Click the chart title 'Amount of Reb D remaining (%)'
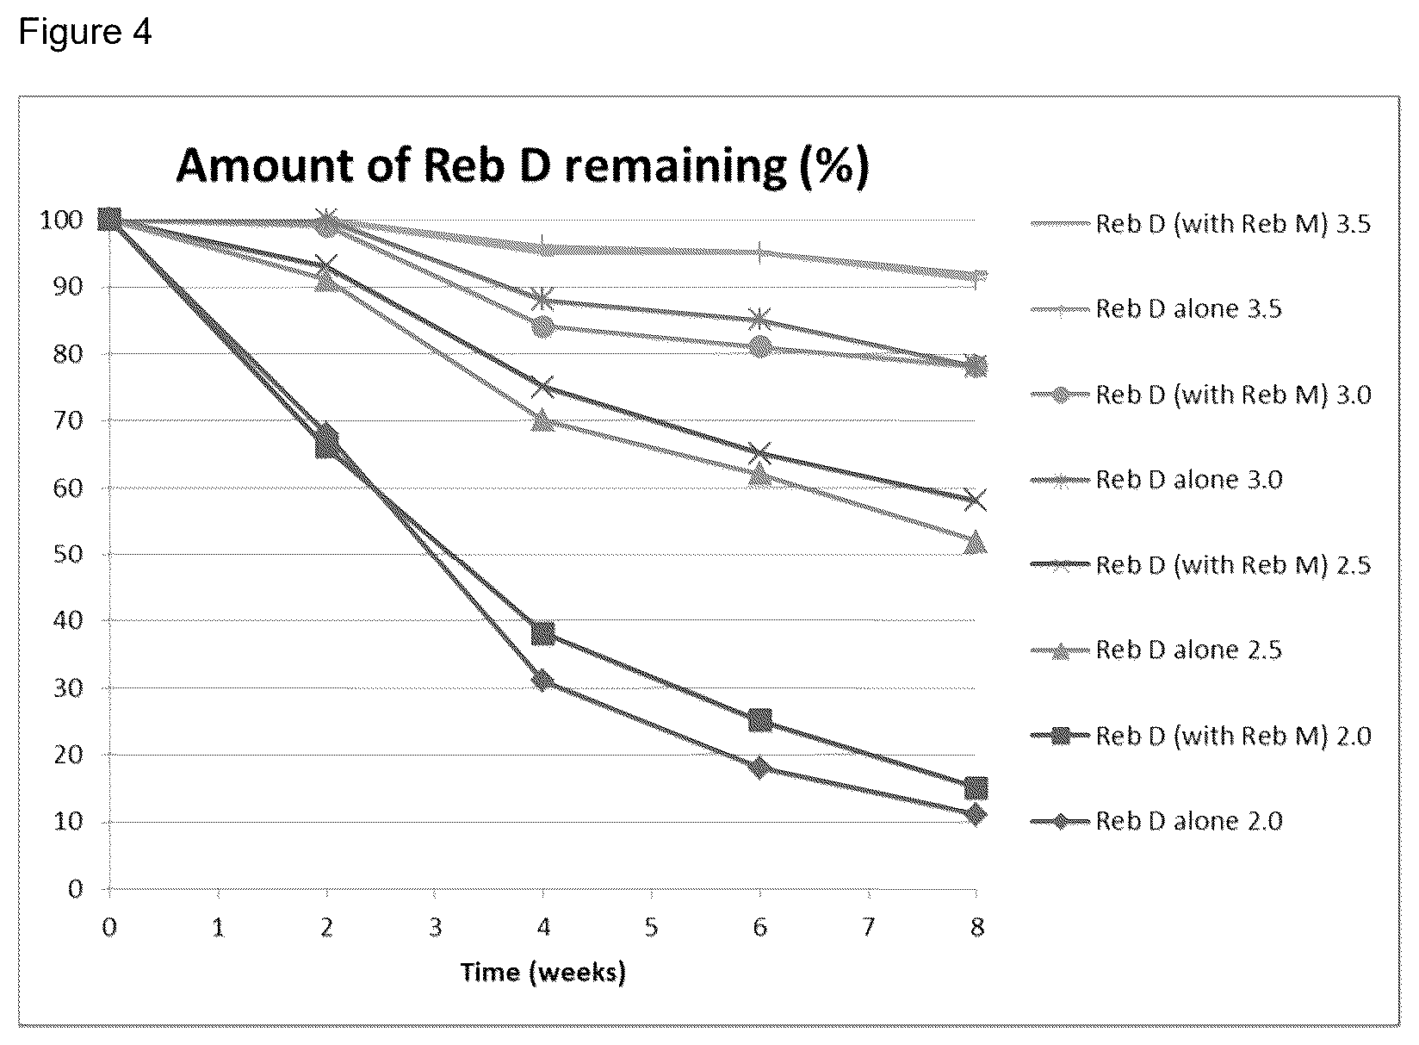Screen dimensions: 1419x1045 click(x=523, y=166)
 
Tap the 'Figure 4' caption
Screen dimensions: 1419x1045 click(x=85, y=31)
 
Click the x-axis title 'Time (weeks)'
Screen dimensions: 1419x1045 click(x=543, y=972)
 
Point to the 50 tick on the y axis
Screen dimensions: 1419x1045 click(x=68, y=555)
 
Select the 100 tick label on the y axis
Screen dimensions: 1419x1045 click(x=61, y=221)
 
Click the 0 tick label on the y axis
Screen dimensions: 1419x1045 click(x=76, y=889)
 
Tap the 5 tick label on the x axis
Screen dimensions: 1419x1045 click(x=651, y=927)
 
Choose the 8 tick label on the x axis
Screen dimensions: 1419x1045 click(x=976, y=927)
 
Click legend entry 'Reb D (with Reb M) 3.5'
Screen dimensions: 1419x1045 click(x=1200, y=224)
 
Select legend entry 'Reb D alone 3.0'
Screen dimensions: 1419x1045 click(x=1156, y=480)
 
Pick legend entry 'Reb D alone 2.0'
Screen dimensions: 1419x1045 click(x=1156, y=821)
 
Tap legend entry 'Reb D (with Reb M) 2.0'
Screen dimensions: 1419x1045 click(x=1200, y=736)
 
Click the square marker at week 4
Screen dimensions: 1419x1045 click(x=543, y=633)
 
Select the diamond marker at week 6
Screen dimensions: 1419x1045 click(x=759, y=768)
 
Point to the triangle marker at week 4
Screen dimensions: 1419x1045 click(x=543, y=420)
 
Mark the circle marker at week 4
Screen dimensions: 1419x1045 click(x=543, y=327)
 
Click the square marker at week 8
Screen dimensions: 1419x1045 click(x=976, y=788)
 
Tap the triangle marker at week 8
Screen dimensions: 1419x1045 click(x=976, y=543)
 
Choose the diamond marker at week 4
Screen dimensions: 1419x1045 click(x=543, y=681)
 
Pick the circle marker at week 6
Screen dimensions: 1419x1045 click(x=759, y=346)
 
